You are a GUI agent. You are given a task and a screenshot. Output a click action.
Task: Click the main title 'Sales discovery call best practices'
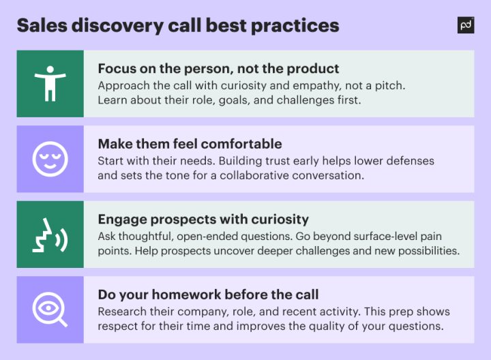click(177, 26)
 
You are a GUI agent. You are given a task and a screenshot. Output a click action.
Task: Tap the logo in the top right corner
click(466, 25)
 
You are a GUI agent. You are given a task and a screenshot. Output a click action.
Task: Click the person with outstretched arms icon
click(50, 83)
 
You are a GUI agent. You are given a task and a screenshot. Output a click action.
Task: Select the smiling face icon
click(50, 159)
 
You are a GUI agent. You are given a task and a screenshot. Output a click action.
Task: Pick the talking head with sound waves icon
click(50, 235)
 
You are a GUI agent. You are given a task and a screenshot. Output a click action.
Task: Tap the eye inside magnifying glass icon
click(50, 310)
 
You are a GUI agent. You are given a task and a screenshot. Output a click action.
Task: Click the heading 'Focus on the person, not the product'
click(218, 69)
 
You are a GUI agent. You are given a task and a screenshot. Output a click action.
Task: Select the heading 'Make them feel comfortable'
click(189, 144)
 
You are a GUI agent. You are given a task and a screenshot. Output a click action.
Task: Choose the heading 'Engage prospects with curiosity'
click(203, 220)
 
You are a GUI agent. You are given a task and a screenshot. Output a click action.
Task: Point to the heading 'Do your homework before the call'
click(208, 295)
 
